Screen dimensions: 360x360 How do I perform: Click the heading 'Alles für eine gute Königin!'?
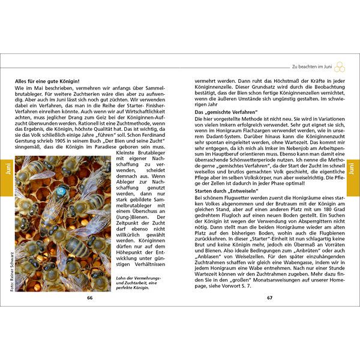[49, 80]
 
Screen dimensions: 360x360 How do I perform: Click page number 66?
[90, 297]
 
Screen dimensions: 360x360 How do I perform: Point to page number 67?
[270, 297]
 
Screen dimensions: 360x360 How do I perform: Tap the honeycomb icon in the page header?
[340, 67]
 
